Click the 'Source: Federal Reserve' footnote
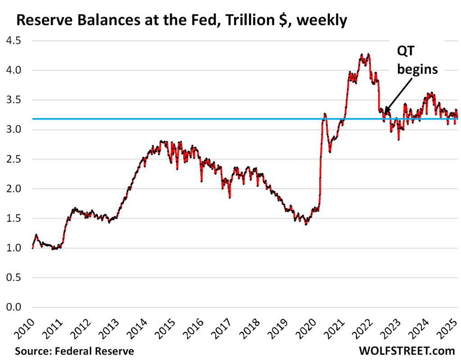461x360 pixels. pos(74,351)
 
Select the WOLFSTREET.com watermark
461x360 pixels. pos(407,351)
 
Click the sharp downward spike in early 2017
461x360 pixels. pos(230,197)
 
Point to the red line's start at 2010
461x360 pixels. pos(32,247)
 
